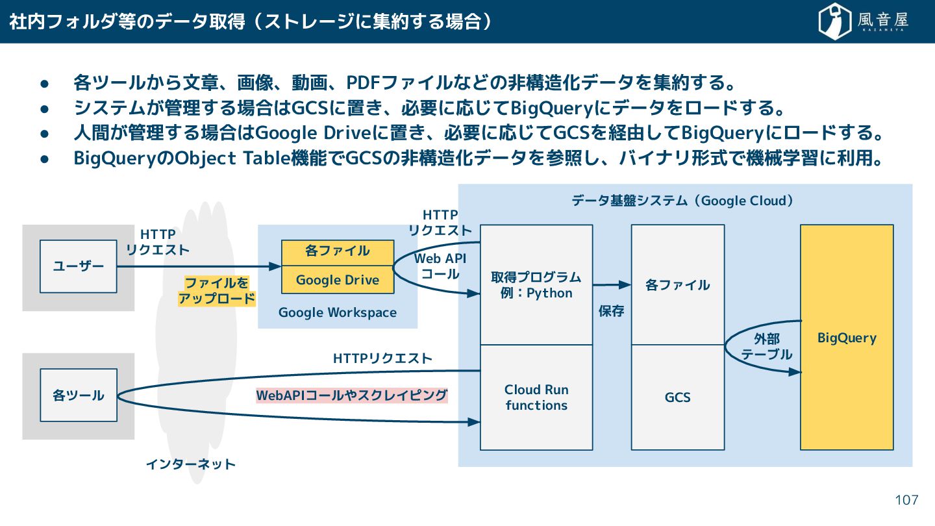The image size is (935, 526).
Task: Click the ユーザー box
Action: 78,266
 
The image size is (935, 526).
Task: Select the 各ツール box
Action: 78,395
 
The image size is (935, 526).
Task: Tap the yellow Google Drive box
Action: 337,280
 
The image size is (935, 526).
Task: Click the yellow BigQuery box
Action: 846,337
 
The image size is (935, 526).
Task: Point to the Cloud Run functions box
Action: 536,397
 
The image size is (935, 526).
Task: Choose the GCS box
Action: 677,397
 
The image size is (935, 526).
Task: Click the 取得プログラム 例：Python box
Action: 536,285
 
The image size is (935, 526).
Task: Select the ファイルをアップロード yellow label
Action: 217,291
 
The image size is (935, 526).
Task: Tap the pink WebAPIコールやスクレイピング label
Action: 352,395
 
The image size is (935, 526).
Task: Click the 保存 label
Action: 611,311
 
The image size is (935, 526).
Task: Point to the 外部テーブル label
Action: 767,347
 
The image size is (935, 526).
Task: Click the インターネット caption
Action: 190,464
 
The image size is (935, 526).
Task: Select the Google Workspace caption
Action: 337,312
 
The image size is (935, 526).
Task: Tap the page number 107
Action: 906,500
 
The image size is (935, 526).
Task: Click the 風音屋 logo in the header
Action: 863,21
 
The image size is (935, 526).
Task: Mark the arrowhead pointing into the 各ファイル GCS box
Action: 626,284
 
